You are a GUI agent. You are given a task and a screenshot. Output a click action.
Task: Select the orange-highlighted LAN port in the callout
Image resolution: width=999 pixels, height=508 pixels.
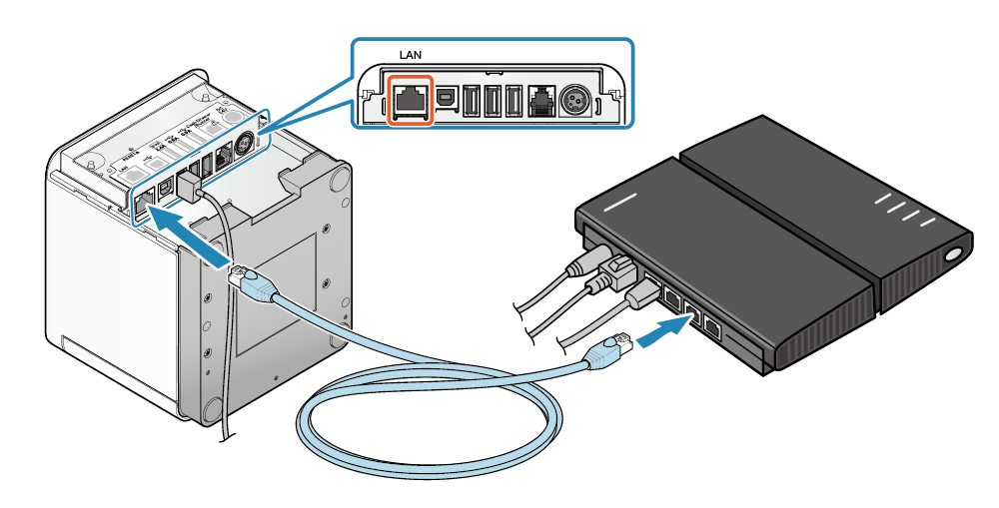coord(410,100)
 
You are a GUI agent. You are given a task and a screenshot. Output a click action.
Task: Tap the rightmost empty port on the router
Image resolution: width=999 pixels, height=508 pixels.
coord(713,325)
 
